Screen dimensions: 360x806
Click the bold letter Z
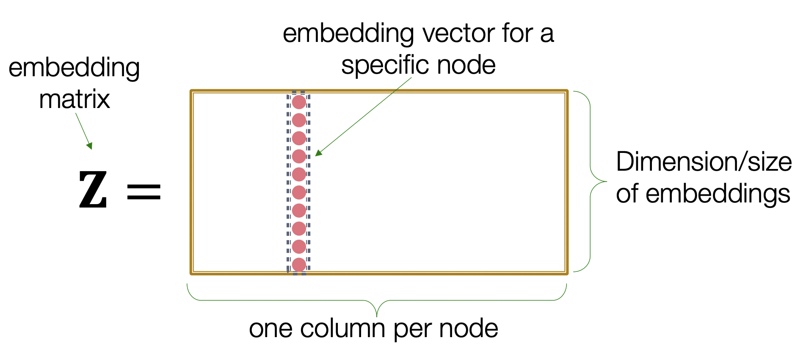[93, 190]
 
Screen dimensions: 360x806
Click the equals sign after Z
[144, 192]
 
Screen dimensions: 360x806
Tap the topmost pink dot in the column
[299, 102]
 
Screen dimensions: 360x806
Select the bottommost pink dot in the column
[299, 265]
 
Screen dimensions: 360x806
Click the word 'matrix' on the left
[75, 100]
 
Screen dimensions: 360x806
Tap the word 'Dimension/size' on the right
[704, 162]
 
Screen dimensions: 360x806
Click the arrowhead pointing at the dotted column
[318, 153]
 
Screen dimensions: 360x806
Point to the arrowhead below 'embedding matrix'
[89, 146]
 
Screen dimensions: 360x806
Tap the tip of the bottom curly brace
[377, 316]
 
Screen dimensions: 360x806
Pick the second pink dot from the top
[299, 120]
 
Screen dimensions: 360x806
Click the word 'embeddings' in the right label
[718, 194]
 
